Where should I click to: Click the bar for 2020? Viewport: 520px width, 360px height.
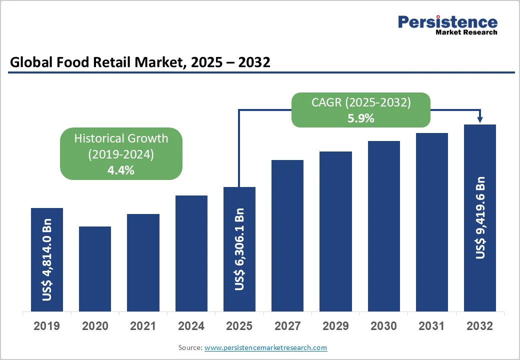tap(95, 269)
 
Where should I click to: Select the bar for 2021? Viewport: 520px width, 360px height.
tap(143, 263)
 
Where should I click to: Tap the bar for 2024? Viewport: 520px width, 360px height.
tap(191, 253)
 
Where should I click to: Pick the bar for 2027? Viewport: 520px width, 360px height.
tap(287, 236)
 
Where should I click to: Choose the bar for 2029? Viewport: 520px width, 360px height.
tap(335, 231)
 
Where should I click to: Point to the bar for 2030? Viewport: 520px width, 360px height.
tap(384, 226)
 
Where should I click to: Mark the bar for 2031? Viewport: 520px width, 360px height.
tap(432, 222)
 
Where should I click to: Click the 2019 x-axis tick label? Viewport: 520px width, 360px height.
tap(46, 326)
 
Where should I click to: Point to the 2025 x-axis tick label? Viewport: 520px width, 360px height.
tap(239, 326)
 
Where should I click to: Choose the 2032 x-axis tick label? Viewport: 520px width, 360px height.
tap(480, 326)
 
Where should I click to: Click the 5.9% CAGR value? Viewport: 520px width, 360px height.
tap(360, 118)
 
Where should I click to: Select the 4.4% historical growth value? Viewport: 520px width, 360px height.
tap(121, 170)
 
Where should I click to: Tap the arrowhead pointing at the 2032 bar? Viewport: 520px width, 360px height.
tap(480, 119)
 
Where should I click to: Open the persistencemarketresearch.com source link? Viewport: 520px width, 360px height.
tap(265, 347)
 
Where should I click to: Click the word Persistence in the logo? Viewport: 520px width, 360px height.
tap(447, 22)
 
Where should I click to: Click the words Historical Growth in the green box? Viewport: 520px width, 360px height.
tap(121, 138)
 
